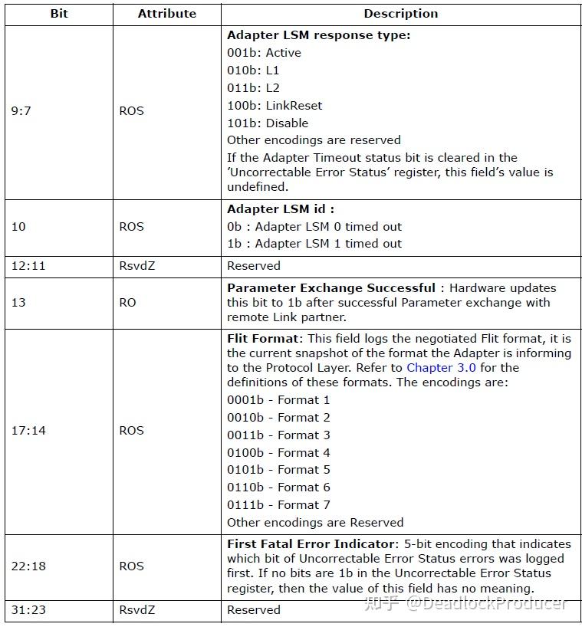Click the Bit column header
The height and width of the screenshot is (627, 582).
58,14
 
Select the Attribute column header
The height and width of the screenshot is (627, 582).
166,14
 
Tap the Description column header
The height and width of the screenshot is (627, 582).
400,14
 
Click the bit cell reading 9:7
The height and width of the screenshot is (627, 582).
22,111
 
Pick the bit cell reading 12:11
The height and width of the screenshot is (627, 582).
28,266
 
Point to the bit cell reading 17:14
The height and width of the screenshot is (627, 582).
28,431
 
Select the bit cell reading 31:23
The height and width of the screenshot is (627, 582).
28,610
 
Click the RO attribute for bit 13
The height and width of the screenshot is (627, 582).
127,303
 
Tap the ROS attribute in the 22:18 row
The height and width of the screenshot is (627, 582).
131,566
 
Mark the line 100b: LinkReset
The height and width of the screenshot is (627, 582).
275,106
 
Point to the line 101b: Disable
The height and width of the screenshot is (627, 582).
268,123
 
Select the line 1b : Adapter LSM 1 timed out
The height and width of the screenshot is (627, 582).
314,244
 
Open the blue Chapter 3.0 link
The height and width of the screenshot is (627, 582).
441,368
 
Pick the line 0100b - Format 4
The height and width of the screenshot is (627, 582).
278,452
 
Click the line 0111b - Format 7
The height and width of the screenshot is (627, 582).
278,505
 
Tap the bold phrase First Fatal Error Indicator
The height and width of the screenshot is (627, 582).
312,544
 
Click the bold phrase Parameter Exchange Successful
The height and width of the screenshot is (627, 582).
330,288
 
